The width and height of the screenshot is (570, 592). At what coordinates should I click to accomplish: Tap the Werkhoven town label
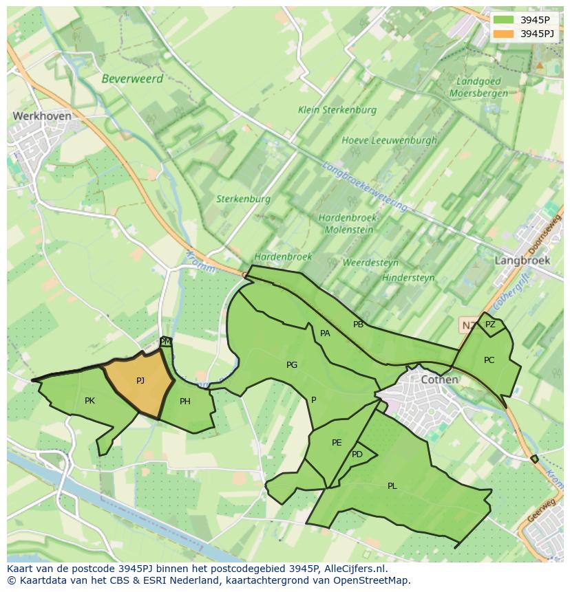[x=41, y=116]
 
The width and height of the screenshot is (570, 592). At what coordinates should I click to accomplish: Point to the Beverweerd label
[x=132, y=78]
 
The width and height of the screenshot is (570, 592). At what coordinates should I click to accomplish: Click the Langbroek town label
[x=522, y=261]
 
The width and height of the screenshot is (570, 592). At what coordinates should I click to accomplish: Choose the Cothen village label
[x=439, y=380]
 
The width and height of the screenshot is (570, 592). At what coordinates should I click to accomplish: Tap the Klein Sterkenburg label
[x=337, y=110]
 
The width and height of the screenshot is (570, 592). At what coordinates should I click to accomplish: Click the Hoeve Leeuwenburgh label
[x=389, y=140]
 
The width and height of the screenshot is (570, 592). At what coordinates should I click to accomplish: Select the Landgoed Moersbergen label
[x=478, y=87]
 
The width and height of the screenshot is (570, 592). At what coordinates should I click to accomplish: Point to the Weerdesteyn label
[x=370, y=263]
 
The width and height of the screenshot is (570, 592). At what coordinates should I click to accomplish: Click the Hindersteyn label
[x=408, y=278]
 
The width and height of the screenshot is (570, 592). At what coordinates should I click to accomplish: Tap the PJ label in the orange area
[x=140, y=380]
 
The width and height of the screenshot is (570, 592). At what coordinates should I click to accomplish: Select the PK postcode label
[x=89, y=400]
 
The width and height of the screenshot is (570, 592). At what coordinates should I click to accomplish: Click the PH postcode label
[x=184, y=402]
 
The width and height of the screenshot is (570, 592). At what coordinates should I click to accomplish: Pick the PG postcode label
[x=292, y=365]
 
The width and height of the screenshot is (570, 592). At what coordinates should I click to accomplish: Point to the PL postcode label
[x=392, y=486]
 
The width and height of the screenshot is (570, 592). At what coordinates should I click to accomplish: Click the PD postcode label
[x=357, y=454]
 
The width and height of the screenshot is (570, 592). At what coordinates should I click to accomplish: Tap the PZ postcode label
[x=490, y=325]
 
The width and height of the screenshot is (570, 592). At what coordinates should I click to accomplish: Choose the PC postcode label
[x=489, y=360]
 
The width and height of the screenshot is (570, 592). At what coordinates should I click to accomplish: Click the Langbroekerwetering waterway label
[x=364, y=186]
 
